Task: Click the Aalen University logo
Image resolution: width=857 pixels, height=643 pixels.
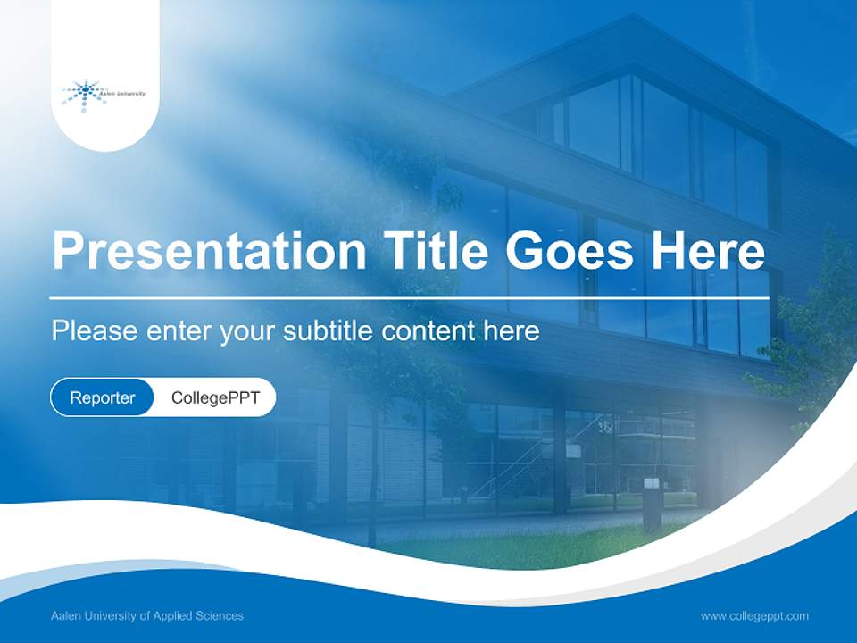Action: pyautogui.click(x=104, y=95)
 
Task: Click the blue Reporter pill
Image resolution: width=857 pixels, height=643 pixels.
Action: pyautogui.click(x=103, y=397)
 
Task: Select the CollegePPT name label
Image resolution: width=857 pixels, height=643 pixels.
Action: pyautogui.click(x=215, y=397)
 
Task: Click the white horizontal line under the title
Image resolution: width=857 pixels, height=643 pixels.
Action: pyautogui.click(x=409, y=297)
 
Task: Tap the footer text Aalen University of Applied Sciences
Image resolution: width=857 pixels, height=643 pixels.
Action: pyautogui.click(x=147, y=616)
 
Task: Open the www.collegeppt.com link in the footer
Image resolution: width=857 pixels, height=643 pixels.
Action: pyautogui.click(x=754, y=616)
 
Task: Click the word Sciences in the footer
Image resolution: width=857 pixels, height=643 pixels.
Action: pyautogui.click(x=221, y=616)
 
